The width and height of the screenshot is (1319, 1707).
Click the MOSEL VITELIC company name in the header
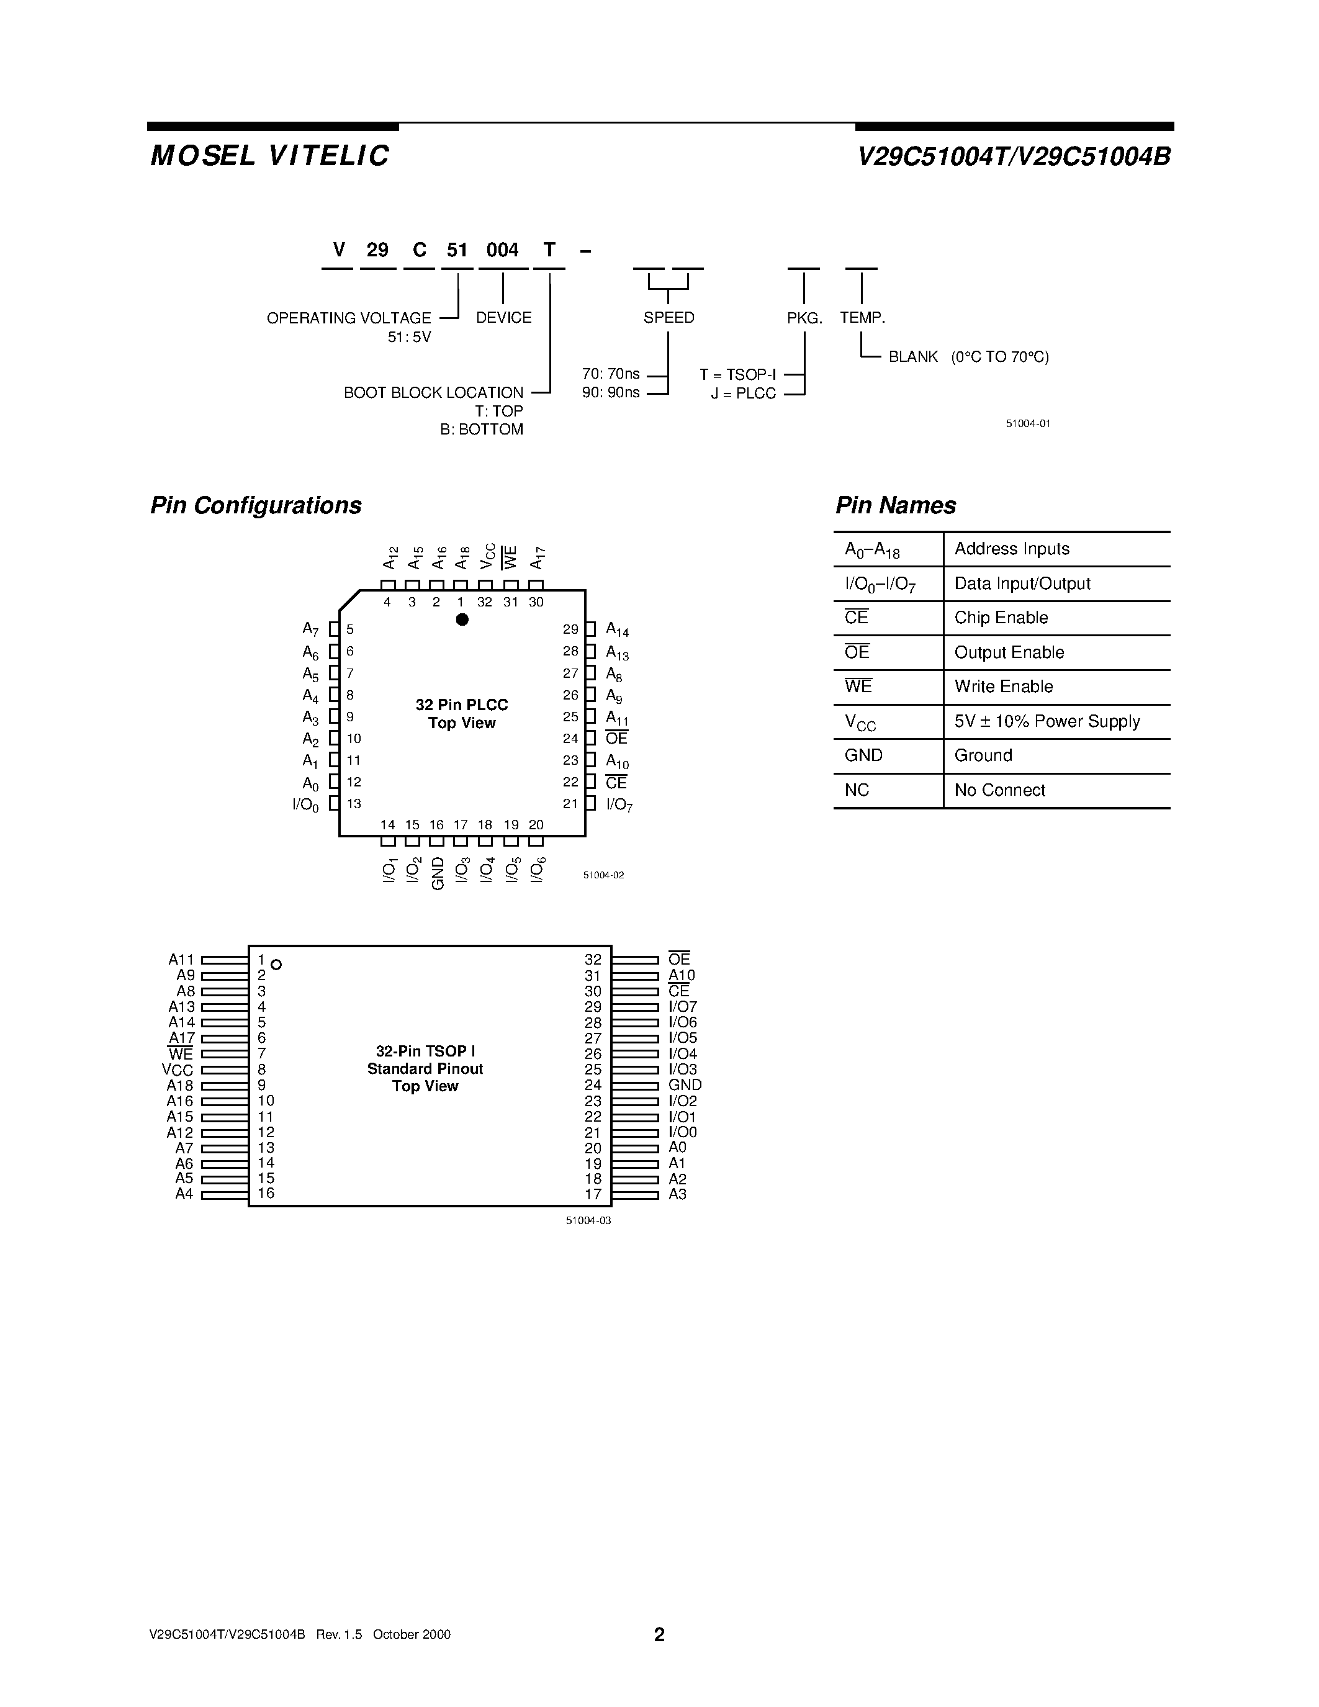point(269,156)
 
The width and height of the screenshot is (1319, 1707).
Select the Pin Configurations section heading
point(256,506)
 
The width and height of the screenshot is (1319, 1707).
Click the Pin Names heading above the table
point(896,506)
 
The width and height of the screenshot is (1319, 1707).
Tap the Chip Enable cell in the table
point(1001,618)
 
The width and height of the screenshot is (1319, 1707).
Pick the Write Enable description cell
point(1003,687)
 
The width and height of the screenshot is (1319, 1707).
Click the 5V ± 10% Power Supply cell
point(1047,721)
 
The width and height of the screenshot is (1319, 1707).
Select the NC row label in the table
point(857,790)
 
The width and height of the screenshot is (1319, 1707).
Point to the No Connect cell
point(999,790)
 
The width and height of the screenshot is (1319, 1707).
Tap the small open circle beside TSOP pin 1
point(276,965)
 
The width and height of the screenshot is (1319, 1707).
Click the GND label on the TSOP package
point(685,1085)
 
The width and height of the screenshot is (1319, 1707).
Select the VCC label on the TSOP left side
point(178,1070)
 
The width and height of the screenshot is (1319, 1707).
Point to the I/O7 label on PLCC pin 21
point(619,804)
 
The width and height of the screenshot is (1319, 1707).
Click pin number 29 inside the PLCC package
point(570,629)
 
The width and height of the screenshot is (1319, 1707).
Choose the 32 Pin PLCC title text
point(461,705)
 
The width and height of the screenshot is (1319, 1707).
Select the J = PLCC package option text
point(743,393)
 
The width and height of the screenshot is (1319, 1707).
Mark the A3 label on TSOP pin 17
point(677,1194)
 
